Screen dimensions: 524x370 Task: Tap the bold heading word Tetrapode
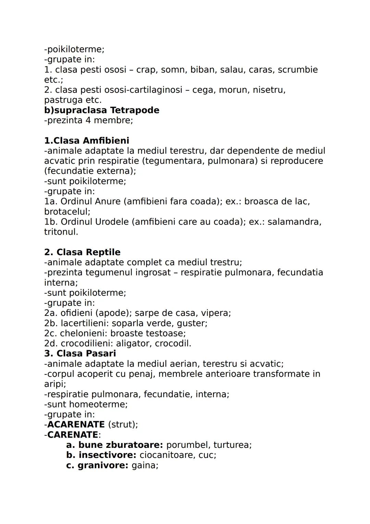click(135, 110)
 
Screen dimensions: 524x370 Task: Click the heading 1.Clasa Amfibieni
click(87, 141)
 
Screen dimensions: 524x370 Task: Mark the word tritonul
click(61, 232)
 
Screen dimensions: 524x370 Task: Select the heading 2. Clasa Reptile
click(82, 252)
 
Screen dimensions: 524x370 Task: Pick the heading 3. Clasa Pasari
click(80, 354)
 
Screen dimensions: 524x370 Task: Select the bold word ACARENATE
click(76, 425)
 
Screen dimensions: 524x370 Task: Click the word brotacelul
click(67, 212)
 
